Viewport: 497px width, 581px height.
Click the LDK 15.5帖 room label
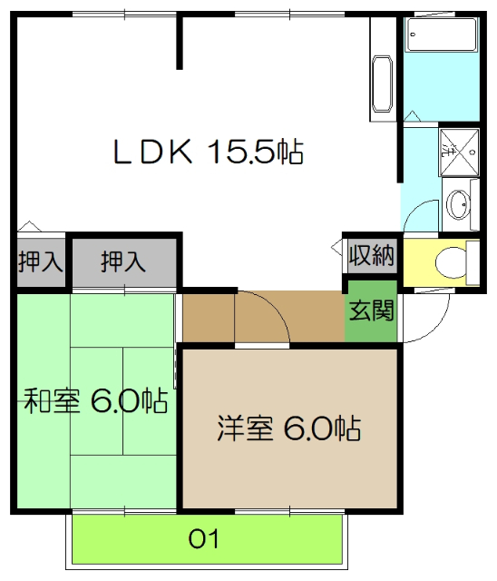coord(207,151)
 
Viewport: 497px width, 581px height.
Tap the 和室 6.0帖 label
coord(94,399)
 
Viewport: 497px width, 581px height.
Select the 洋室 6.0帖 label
coord(288,428)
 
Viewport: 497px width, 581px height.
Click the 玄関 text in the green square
coord(371,311)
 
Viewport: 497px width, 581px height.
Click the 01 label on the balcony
coord(205,540)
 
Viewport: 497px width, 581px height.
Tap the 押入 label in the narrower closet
coord(40,262)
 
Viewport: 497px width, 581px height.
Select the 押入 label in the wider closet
coord(123,262)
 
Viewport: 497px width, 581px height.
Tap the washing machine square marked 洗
coord(458,150)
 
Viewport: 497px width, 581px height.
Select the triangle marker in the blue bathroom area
coord(412,113)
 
